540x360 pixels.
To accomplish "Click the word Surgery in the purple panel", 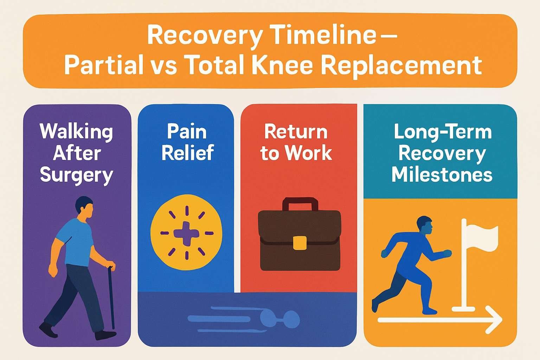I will (x=76, y=175).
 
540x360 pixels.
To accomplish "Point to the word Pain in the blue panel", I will (x=186, y=132).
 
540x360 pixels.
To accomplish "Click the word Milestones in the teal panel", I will (x=442, y=175).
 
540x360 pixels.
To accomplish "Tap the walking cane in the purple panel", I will (x=113, y=299).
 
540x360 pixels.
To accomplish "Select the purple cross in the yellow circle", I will (x=186, y=233).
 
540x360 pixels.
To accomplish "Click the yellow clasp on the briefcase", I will (x=300, y=243).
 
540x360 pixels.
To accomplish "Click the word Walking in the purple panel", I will (x=76, y=132).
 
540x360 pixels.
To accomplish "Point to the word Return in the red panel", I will (x=296, y=132).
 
